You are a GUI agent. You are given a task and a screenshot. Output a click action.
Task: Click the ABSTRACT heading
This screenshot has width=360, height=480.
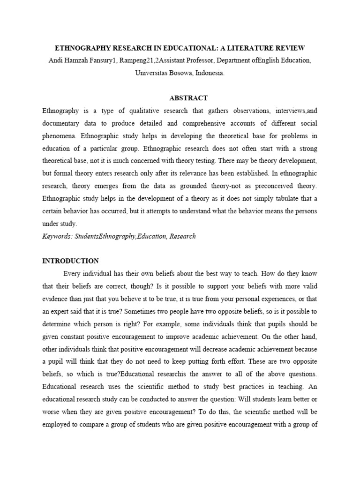tap(188, 98)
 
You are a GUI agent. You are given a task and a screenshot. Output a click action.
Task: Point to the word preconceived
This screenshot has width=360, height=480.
tap(273, 186)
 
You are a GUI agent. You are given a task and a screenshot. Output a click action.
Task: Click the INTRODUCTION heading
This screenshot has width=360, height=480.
tap(70, 261)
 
